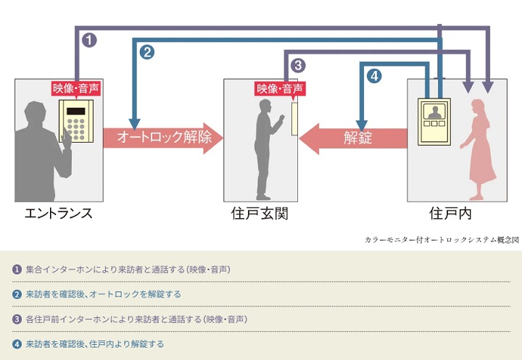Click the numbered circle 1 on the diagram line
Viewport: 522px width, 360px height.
coord(89,40)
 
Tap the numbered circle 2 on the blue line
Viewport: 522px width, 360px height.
coord(147,51)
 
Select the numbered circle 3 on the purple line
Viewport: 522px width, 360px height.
coord(297,64)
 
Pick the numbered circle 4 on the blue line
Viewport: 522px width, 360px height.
coord(373,75)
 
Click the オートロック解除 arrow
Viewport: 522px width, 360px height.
coord(162,138)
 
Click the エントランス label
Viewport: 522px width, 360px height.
coord(58,214)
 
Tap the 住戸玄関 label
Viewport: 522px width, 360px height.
coord(260,214)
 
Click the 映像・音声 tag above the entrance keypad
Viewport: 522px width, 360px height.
coord(75,88)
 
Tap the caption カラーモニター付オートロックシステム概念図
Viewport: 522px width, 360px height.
coord(442,238)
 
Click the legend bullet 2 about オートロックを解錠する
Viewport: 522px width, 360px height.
coord(17,294)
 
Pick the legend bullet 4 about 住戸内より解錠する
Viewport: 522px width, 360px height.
coord(17,343)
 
